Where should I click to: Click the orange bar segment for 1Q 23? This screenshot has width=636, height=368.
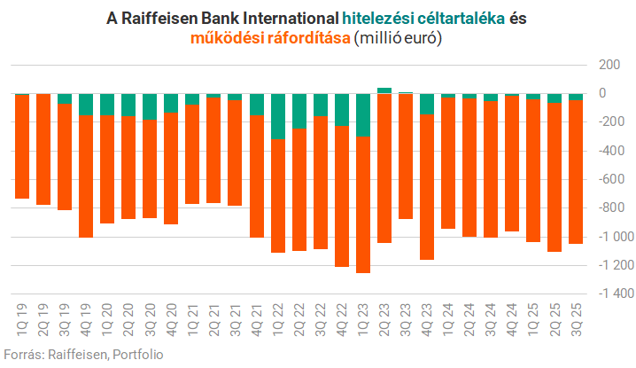tap(363, 204)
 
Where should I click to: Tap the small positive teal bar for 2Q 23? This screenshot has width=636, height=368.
tap(384, 90)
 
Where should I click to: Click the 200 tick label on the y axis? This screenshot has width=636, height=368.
tap(609, 65)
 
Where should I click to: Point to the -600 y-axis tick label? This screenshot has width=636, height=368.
tap(609, 179)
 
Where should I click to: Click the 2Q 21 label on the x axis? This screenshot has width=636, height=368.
tap(213, 317)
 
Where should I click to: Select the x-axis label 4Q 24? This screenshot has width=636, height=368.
tap(512, 317)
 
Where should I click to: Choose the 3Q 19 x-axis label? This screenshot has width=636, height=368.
tap(65, 317)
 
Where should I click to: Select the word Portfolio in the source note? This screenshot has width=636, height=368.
tap(137, 354)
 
